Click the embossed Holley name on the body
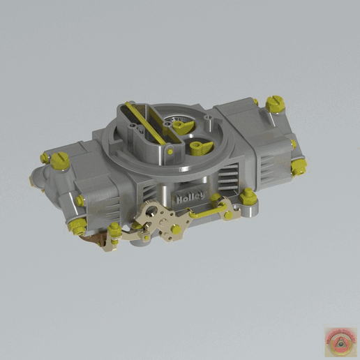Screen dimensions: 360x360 click(x=189, y=198)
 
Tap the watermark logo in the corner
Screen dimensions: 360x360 click(x=338, y=339)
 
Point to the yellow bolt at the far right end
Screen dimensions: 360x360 click(x=300, y=166)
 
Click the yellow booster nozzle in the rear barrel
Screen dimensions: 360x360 click(x=183, y=126)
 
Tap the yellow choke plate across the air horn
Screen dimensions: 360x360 click(x=147, y=126)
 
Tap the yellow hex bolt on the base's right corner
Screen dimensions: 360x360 click(x=248, y=195)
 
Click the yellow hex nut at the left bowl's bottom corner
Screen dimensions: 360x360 click(x=79, y=225)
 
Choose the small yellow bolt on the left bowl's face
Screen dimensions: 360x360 click(x=80, y=201)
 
